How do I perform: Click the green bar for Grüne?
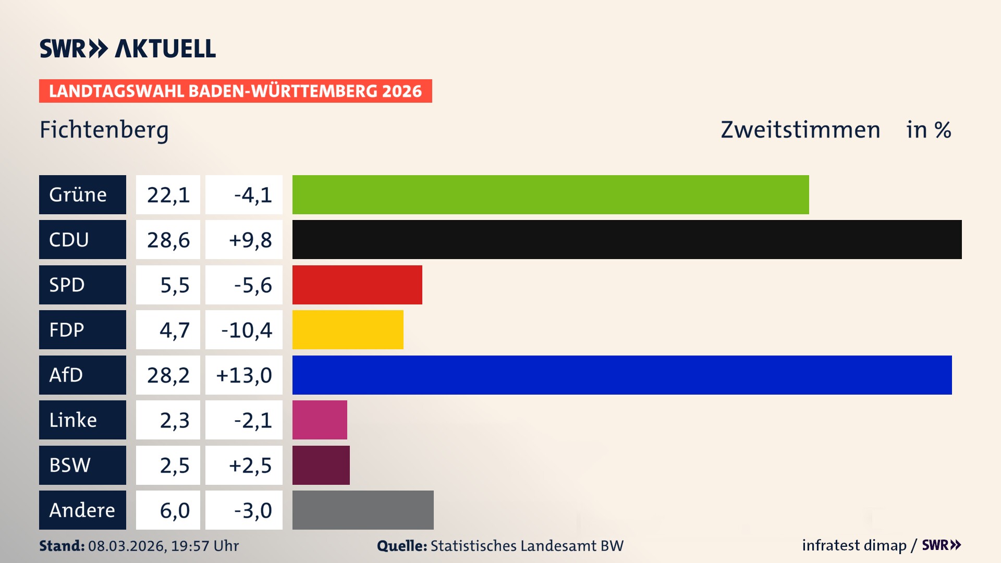coord(550,194)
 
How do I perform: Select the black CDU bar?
coord(627,239)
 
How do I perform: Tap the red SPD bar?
coord(357,285)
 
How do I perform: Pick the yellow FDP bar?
coord(348,329)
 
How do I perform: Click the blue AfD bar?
coord(621,375)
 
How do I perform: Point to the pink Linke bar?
coord(320,420)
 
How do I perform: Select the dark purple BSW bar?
coord(321,465)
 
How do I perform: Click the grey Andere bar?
coord(363,510)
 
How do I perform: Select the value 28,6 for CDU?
coord(168,240)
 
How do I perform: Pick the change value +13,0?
coord(244,375)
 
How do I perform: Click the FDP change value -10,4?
coord(246,330)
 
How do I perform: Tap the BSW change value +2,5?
coord(250,466)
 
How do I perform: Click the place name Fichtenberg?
coord(104,130)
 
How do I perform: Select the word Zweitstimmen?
coord(800,130)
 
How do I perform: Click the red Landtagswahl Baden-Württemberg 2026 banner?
coord(235,91)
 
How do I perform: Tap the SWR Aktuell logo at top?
coord(127,48)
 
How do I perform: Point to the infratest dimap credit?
coord(853,545)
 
